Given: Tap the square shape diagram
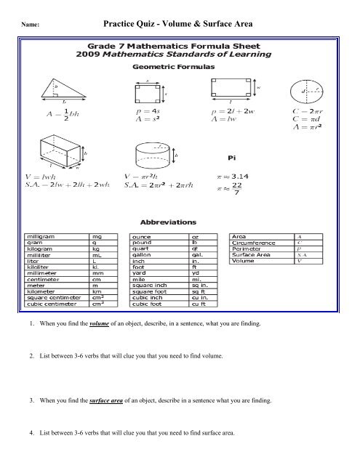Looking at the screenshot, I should coord(148,92).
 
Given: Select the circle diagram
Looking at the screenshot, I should coord(308,92).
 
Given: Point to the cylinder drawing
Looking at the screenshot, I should coord(152,156).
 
